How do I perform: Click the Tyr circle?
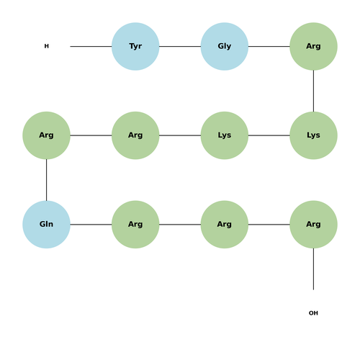pos(135,46)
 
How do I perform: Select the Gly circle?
pos(225,46)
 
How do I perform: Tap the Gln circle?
pos(46,225)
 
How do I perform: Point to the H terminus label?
pos(47,46)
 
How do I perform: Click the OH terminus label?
pos(313,313)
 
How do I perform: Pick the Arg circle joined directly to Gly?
pos(313,46)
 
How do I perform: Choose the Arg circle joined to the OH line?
pos(313,225)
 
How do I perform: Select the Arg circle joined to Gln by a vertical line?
pos(46,135)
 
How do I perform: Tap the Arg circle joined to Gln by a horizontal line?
pos(135,225)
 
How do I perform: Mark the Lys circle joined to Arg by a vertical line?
pos(313,135)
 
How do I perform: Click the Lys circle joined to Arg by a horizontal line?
pos(225,135)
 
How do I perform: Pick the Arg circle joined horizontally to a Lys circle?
pos(135,135)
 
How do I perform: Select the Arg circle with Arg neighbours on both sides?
pos(225,225)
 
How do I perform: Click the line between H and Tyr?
pos(91,46)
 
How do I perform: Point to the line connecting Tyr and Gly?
pos(180,46)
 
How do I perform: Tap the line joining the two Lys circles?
pos(269,135)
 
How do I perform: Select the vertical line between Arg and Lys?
pos(313,91)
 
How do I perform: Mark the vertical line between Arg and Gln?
pos(46,180)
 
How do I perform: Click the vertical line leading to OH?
pos(313,269)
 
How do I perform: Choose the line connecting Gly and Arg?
pos(269,46)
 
